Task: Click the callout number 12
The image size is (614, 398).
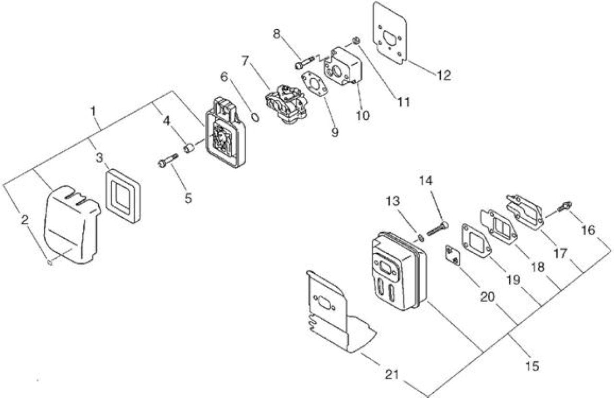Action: tap(444, 75)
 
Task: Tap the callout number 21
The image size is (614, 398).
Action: tap(392, 375)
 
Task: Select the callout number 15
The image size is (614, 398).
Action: tap(532, 366)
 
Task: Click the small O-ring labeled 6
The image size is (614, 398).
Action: tap(255, 118)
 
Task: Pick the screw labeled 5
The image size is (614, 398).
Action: tap(168, 159)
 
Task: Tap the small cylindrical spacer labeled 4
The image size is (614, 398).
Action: tap(189, 149)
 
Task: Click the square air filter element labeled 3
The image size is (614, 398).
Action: tap(123, 196)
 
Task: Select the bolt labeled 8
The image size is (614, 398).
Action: tap(305, 62)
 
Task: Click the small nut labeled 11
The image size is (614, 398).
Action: tap(356, 41)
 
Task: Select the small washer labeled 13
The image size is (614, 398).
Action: tap(421, 238)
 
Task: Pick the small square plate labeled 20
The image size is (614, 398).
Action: tap(452, 256)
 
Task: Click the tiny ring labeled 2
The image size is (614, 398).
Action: tap(50, 262)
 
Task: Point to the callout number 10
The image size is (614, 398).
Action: tap(363, 116)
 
